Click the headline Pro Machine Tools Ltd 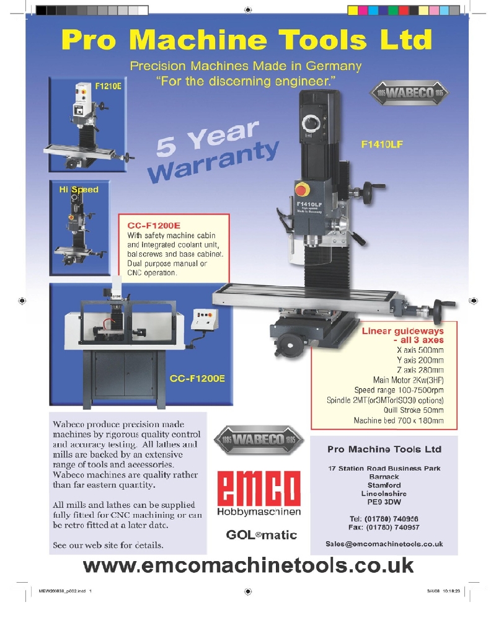[246, 40]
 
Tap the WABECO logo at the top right [409, 93]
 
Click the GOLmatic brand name [262, 535]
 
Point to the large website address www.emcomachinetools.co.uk [248, 565]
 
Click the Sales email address [384, 544]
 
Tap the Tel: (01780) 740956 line [384, 518]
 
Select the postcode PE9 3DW [384, 502]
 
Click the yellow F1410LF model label [382, 144]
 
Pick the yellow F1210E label [108, 86]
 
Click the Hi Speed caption [79, 189]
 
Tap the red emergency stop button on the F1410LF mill [301, 190]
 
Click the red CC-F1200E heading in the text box [154, 226]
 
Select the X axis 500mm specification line [420, 350]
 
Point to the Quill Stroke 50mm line [414, 410]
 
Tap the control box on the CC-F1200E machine [205, 319]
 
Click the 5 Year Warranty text [213, 151]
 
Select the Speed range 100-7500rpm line [399, 390]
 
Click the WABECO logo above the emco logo [259, 440]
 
